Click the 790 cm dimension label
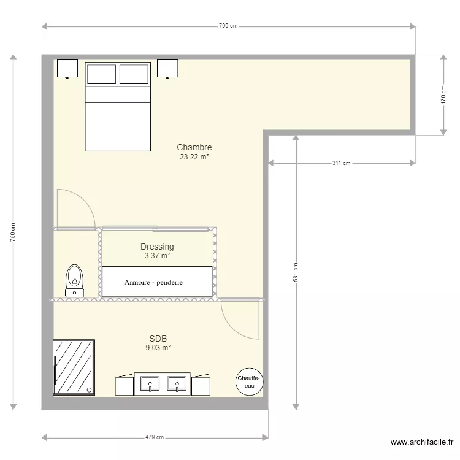point(228,26)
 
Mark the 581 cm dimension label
point(296,272)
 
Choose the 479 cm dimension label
point(155,437)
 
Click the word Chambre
point(194,147)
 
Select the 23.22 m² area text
point(194,157)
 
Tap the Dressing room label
point(157,247)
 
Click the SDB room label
point(158,338)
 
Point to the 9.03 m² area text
point(158,347)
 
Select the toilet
point(75,280)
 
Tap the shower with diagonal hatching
point(74,367)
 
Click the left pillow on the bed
point(102,74)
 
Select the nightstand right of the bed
point(167,68)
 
